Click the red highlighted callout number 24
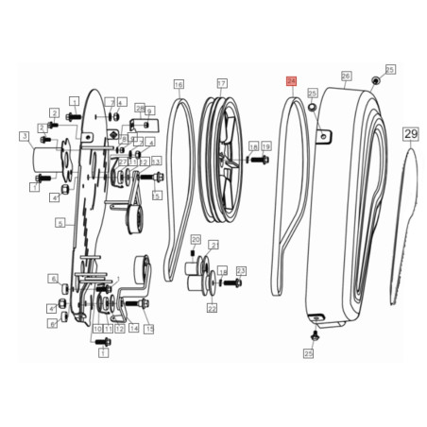[x=291, y=83]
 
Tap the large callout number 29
[x=410, y=134]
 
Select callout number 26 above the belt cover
[x=346, y=76]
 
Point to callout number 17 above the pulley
[x=222, y=83]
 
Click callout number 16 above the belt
[x=179, y=83]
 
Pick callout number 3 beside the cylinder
[x=24, y=136]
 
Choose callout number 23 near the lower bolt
[x=240, y=271]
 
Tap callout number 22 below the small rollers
[x=212, y=308]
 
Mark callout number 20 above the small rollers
[x=196, y=239]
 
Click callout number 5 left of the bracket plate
[x=60, y=223]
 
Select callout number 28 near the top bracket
[x=140, y=109]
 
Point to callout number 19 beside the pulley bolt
[x=266, y=146]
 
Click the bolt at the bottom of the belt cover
[x=316, y=334]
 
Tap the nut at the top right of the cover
[x=375, y=81]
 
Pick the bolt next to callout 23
[x=225, y=282]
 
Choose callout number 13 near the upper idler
[x=155, y=162]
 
